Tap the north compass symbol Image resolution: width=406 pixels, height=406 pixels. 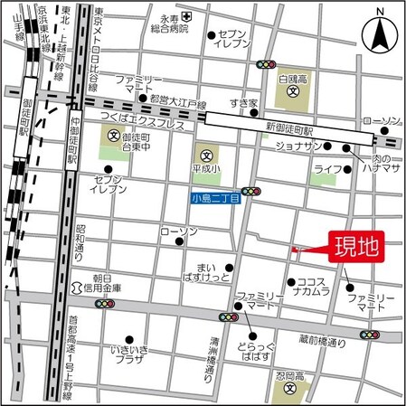click(x=379, y=35)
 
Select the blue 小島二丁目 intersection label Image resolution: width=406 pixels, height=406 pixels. click(x=215, y=198)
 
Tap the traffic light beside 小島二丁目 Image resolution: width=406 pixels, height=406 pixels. click(x=250, y=192)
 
